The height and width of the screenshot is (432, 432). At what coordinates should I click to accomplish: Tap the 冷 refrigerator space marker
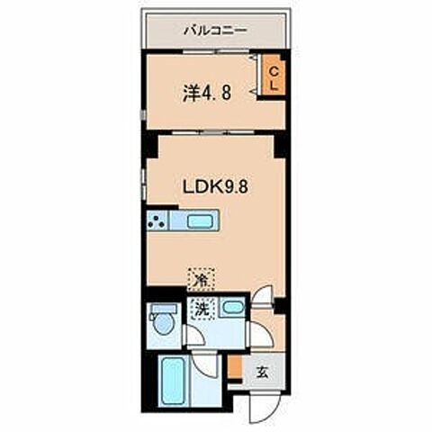[201, 279]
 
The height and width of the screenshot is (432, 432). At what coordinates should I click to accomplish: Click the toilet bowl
[162, 323]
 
